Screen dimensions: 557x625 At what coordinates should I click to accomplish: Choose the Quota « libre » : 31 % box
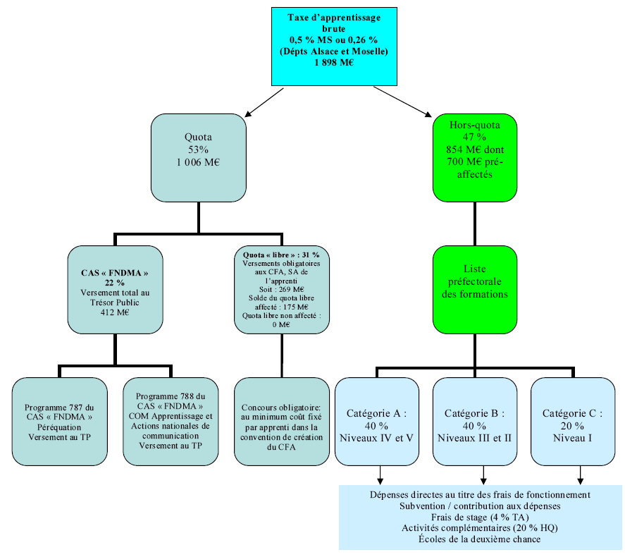(281, 288)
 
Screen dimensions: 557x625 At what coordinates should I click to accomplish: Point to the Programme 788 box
(170, 422)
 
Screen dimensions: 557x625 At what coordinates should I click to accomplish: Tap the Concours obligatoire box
(281, 422)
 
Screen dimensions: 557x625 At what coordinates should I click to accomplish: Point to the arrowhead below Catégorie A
(380, 481)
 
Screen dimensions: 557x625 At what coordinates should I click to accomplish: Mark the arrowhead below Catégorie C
(580, 481)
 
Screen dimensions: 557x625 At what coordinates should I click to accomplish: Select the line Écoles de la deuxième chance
(480, 539)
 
